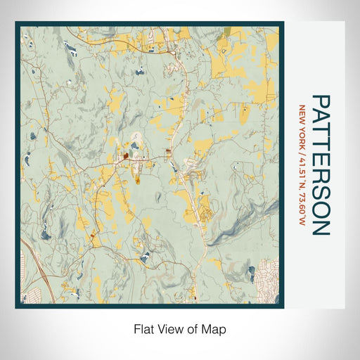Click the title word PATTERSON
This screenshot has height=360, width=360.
click(x=320, y=165)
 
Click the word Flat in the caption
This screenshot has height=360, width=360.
click(x=143, y=328)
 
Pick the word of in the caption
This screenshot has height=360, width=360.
click(x=190, y=328)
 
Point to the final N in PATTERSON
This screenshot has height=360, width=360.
click(x=320, y=228)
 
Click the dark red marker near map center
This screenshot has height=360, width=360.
click(x=125, y=157)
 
